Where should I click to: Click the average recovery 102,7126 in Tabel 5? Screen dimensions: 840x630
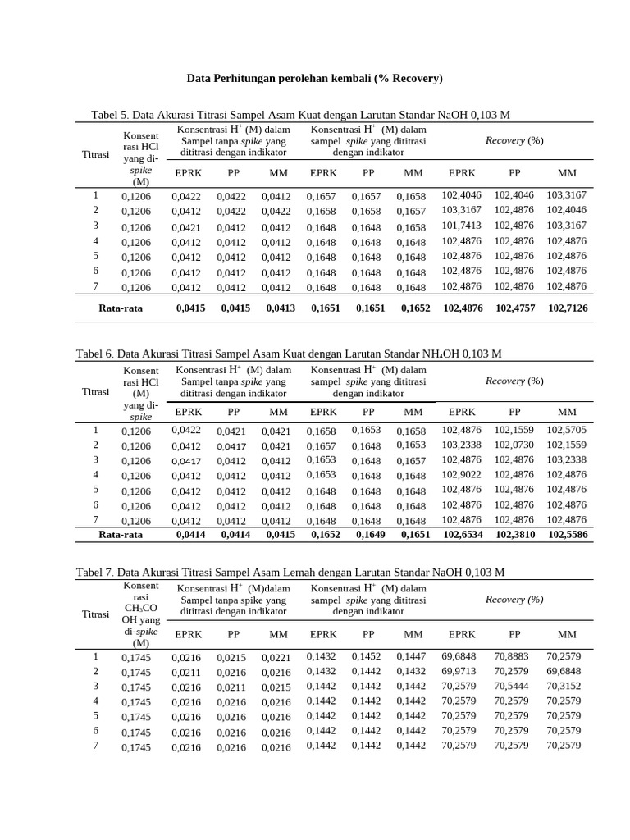pyautogui.click(x=567, y=308)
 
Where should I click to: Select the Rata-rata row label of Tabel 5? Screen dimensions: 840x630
pyautogui.click(x=121, y=308)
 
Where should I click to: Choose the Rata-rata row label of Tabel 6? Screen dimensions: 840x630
pyautogui.click(x=121, y=534)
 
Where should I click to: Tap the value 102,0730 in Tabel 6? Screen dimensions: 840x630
pyautogui.click(x=514, y=445)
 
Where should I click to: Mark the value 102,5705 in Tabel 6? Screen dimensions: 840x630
pyautogui.click(x=567, y=429)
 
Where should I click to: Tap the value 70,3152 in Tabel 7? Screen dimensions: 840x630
pyautogui.click(x=564, y=686)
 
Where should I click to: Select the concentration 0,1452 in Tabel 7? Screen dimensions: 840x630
pyautogui.click(x=366, y=656)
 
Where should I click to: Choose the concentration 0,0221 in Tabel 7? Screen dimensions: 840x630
pyautogui.click(x=276, y=657)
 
